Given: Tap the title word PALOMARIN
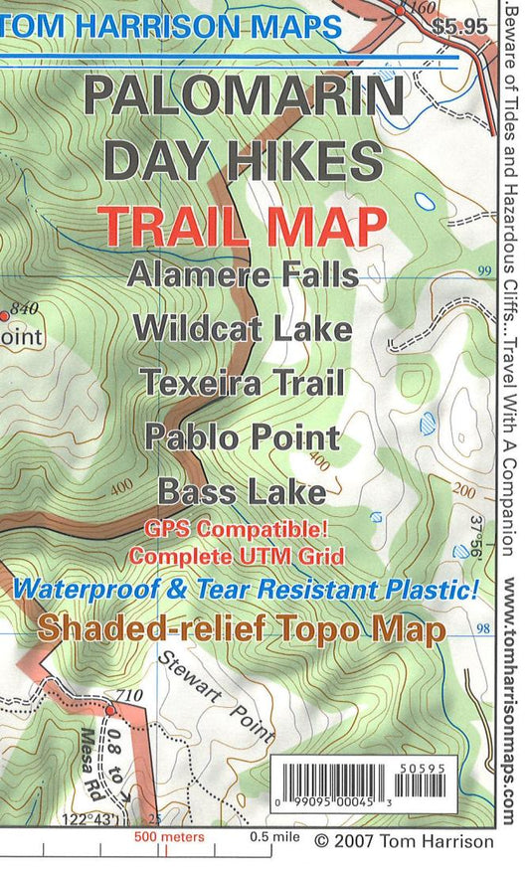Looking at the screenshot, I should [245, 97].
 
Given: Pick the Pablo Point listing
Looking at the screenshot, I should [243, 435].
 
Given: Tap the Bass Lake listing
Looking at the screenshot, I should [243, 491].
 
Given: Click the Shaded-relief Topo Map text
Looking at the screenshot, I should [241, 626].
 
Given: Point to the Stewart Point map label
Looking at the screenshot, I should [216, 696].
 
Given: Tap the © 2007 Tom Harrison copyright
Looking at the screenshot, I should [403, 841].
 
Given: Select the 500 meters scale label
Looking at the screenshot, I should [170, 837].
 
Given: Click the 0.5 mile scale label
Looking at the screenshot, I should [275, 837].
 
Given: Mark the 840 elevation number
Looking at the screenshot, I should [24, 308].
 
